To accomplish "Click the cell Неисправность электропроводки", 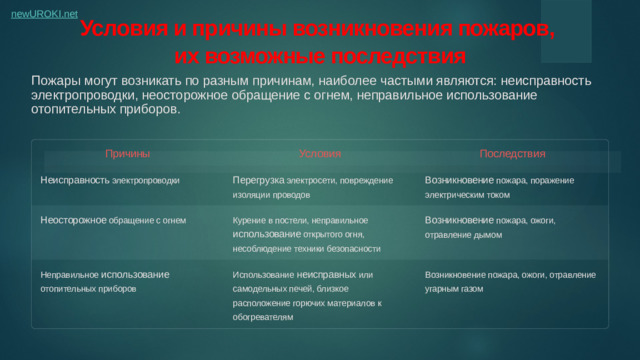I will tap(110, 181).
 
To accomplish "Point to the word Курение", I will tap(248, 218).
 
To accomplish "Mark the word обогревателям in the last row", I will tap(263, 316).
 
